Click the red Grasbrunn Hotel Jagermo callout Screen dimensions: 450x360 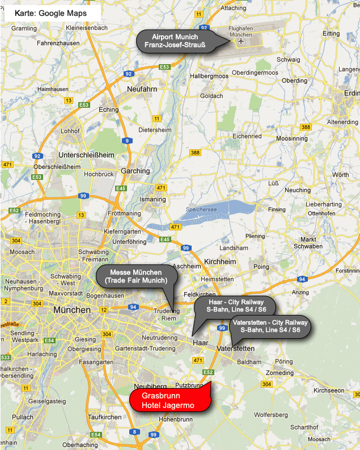pyautogui.click(x=169, y=401)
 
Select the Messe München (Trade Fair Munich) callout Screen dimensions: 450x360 pyautogui.click(x=135, y=276)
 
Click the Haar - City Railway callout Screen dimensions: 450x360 pyautogui.click(x=234, y=306)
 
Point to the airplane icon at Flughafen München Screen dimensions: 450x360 pyautogui.click(x=241, y=41)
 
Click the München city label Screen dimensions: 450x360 pyautogui.click(x=72, y=310)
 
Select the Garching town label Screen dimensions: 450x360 pyautogui.click(x=135, y=171)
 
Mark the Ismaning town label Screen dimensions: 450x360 pyautogui.click(x=153, y=199)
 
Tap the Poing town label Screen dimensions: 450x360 pyautogui.click(x=262, y=266)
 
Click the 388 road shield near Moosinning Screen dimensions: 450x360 pyautogui.click(x=306, y=127)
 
